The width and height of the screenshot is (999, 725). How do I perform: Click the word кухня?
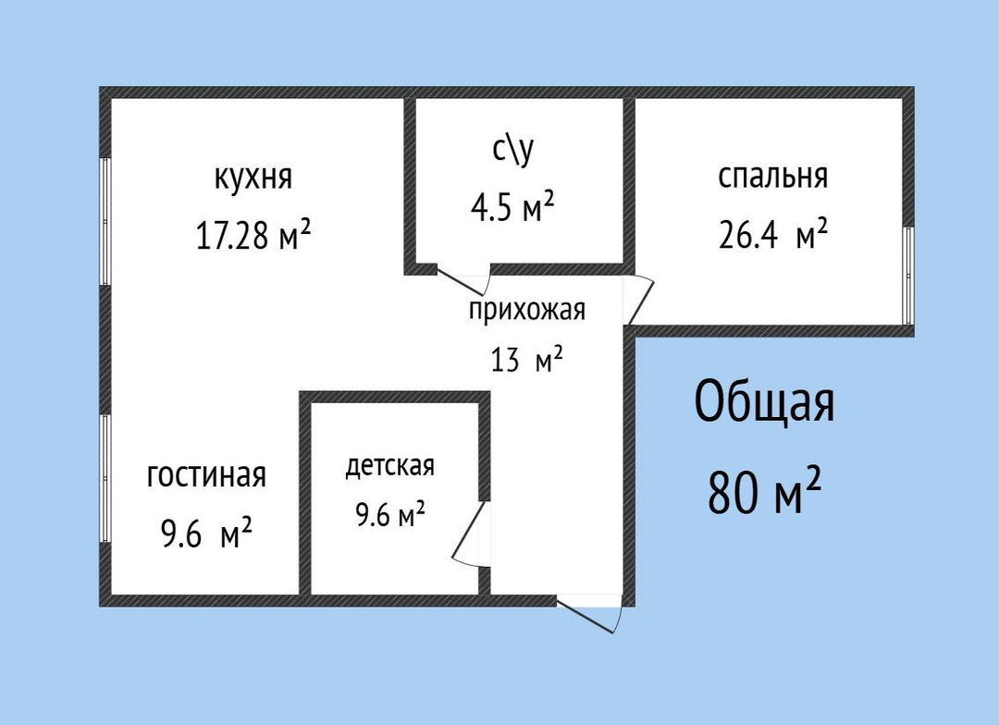click(253, 178)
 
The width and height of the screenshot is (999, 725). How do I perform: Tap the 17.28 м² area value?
click(253, 235)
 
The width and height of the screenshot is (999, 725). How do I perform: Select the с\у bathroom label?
click(513, 150)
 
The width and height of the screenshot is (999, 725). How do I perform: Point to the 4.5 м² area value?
click(512, 206)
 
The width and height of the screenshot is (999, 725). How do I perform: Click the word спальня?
click(772, 176)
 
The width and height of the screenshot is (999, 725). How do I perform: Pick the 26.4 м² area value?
click(772, 235)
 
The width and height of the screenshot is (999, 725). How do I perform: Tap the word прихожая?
click(527, 311)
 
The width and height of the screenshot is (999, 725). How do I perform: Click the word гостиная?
click(206, 476)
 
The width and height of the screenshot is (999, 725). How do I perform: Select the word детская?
click(390, 466)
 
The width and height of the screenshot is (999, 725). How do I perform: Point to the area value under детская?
click(390, 514)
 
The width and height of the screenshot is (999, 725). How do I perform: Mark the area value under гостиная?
click(206, 534)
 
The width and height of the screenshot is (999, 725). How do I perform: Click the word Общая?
click(764, 402)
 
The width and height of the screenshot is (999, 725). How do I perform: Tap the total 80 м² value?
click(764, 491)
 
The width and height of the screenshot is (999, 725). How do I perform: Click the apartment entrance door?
click(589, 613)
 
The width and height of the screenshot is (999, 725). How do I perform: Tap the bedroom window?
click(908, 276)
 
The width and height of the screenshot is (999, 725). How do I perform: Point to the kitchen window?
click(105, 221)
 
